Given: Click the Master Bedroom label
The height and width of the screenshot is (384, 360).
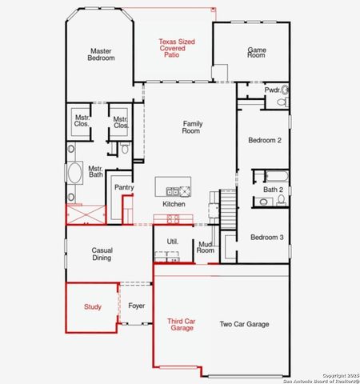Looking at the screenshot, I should [100, 55].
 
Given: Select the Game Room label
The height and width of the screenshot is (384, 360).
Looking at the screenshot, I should [256, 52].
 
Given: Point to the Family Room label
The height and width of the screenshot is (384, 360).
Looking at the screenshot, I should [192, 126].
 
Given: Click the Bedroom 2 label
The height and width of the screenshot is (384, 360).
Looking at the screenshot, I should [265, 141].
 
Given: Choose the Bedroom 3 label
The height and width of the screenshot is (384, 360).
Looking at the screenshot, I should [266, 237].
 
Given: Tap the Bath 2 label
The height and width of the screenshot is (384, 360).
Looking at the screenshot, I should [273, 190].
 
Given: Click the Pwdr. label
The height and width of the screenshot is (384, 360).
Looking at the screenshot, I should [272, 90].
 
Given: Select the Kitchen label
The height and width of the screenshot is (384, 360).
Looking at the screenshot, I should [174, 204].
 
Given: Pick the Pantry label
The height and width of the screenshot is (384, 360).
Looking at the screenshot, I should [124, 187].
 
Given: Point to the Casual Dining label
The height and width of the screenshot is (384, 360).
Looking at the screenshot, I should [102, 254].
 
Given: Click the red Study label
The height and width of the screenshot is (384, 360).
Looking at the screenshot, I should [93, 306].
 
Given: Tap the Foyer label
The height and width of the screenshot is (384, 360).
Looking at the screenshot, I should [137, 306].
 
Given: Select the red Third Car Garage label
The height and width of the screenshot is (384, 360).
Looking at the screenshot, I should [181, 324].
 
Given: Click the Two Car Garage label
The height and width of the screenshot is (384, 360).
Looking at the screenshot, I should [244, 324].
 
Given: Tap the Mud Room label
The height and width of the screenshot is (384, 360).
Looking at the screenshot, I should [206, 247].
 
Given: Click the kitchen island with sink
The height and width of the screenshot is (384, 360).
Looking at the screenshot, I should [174, 190].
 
